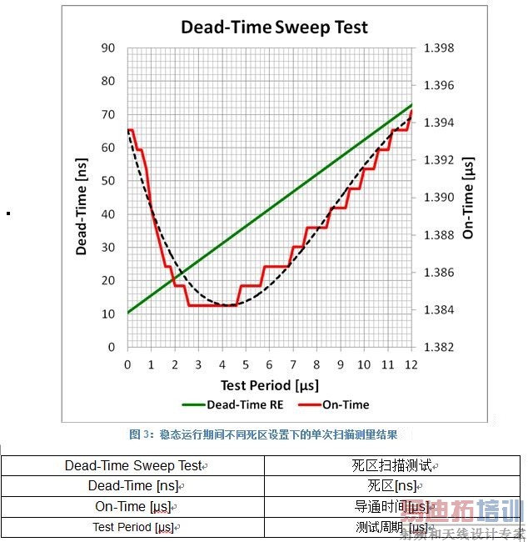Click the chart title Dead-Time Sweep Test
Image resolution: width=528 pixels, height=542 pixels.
coord(274,28)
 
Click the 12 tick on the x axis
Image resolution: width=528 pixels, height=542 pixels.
coord(411,364)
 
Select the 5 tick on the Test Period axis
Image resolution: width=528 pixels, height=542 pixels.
coord(246,364)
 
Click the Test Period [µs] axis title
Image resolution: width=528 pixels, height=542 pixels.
coord(268,384)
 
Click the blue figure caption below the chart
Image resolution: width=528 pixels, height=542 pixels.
coord(263,434)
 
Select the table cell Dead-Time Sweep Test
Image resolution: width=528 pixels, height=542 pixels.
coord(133,466)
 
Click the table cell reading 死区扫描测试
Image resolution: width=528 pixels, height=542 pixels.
coord(396,466)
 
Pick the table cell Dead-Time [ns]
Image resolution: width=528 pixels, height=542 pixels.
coord(133,486)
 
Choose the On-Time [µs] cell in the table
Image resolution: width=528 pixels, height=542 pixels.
coord(133,506)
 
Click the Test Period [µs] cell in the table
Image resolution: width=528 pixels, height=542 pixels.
coord(133,527)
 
